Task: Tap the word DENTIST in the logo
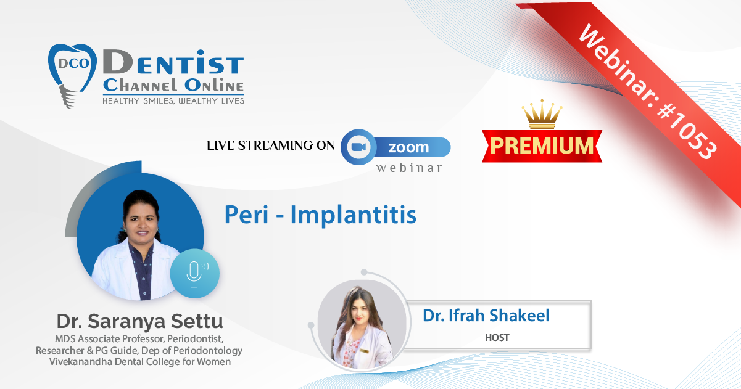(173, 62)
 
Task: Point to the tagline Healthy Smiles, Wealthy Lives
(173, 101)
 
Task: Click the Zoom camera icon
(358, 147)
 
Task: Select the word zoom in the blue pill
(408, 147)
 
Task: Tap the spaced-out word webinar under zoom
(409, 168)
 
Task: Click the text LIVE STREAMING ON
(271, 145)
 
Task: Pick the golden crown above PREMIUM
(542, 114)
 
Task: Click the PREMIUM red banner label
(542, 146)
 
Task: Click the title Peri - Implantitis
(320, 215)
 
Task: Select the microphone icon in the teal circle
(196, 274)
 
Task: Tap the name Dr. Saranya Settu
(139, 321)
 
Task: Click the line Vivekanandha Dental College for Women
(140, 362)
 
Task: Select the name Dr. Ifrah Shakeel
(486, 316)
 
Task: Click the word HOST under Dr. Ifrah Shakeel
(497, 338)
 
